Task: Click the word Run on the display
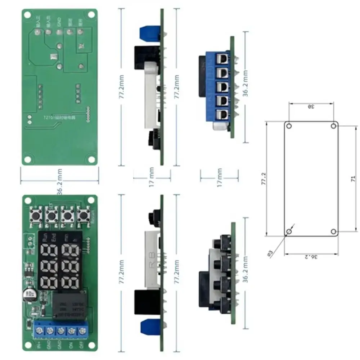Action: click(45, 238)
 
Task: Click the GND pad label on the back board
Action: click(59, 24)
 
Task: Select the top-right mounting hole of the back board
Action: click(92, 15)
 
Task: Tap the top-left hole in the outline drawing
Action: click(289, 126)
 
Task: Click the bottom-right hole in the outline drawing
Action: click(333, 231)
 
